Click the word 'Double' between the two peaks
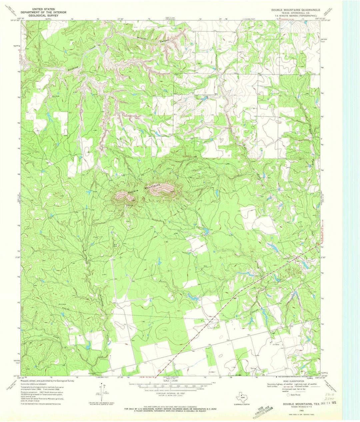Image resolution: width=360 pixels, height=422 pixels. (x=135, y=191)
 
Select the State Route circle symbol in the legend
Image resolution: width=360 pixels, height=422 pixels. (x=288, y=394)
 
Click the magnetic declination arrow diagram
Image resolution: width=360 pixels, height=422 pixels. (x=102, y=390)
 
